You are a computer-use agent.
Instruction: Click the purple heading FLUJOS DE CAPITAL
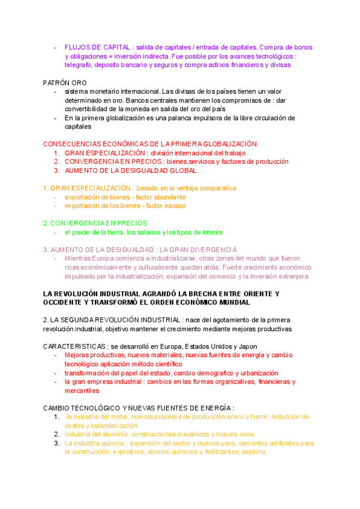pos(98,47)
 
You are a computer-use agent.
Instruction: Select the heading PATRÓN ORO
pos(65,82)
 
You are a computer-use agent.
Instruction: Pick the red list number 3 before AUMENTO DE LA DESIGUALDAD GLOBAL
pos(56,170)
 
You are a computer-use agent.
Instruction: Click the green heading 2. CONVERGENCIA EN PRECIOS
pos(95,223)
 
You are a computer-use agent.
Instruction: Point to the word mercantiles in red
pos(83,390)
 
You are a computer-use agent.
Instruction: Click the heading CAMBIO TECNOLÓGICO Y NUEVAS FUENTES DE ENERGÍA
pos(138,408)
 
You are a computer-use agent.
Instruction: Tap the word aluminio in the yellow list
pos(116,434)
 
